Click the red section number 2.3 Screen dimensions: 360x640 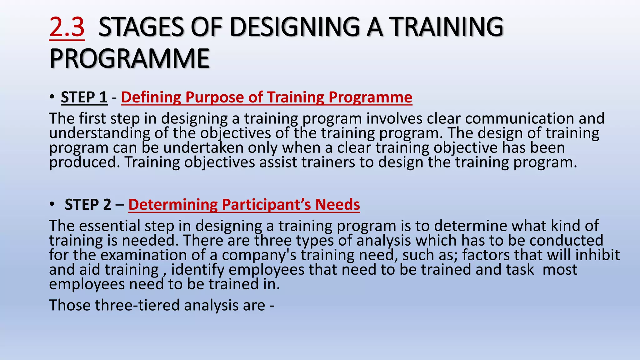67,27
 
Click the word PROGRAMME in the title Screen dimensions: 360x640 129,59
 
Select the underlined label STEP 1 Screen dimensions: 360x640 84,97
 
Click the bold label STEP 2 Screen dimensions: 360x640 88,205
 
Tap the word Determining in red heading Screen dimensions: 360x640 173,205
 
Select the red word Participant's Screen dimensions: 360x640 266,205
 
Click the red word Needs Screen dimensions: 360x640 337,205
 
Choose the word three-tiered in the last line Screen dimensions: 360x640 137,305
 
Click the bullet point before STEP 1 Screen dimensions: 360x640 52,97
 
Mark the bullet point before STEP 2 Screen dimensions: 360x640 52,205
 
